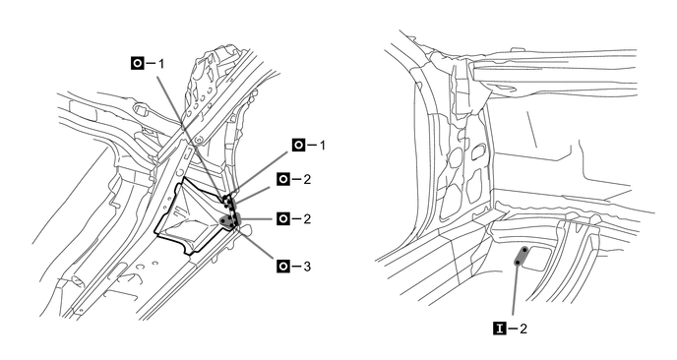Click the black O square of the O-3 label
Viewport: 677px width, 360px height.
click(283, 267)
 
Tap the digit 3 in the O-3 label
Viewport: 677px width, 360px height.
click(307, 267)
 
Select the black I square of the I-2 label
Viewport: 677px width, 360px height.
click(500, 329)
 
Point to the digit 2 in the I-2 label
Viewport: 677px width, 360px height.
click(523, 329)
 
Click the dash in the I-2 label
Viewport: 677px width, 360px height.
click(513, 329)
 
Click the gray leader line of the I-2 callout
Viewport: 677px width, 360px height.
click(515, 289)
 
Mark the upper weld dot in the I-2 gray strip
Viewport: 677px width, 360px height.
click(524, 250)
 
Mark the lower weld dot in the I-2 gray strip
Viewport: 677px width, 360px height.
click(518, 262)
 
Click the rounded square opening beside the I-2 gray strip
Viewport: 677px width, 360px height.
click(536, 258)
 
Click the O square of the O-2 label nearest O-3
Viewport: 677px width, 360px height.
click(283, 218)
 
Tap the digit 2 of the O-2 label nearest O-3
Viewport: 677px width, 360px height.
click(307, 218)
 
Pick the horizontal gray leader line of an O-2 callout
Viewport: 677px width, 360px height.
click(256, 219)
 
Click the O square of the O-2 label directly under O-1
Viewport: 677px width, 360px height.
click(283, 179)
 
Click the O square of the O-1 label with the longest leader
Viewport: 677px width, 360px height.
click(138, 64)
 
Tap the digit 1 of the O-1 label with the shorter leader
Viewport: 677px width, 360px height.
click(322, 145)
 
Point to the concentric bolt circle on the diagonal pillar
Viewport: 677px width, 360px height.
click(199, 140)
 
